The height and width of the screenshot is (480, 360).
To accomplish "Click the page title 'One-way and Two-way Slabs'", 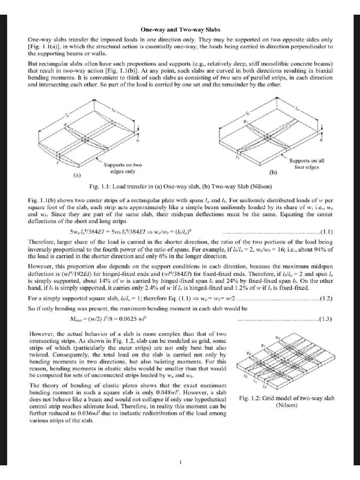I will tap(180, 29).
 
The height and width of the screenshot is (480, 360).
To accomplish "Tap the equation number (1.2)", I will tap(326, 299).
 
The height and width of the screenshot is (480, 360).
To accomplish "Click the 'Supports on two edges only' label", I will tap(122, 168).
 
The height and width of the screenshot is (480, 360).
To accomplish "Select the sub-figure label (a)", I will tap(78, 177).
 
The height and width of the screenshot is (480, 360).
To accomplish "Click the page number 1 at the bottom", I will tap(180, 463).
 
